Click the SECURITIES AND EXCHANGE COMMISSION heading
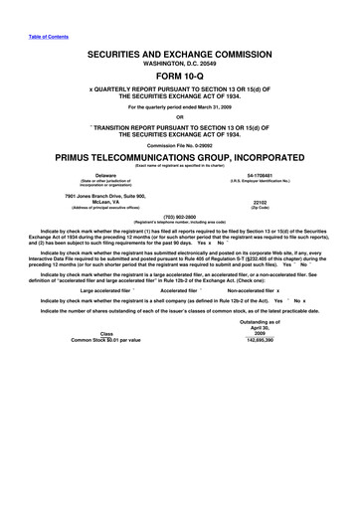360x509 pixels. (180, 51)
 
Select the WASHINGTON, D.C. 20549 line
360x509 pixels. (180, 61)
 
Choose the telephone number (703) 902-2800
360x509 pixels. (180, 242)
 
